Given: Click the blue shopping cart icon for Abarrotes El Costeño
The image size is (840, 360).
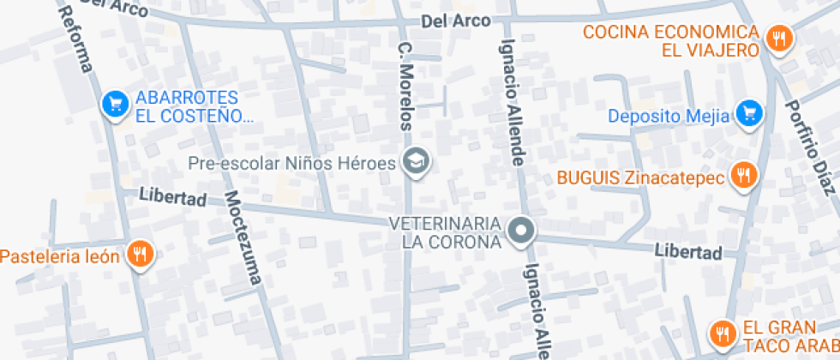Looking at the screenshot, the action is tap(113, 105).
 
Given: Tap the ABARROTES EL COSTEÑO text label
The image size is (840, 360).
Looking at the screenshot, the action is tap(194, 106).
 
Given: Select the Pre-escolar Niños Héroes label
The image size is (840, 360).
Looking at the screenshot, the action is tap(291, 161).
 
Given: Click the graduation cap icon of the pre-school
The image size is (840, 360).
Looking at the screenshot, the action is tap(417, 160).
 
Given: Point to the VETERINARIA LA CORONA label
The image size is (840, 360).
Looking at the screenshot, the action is tap(444, 232).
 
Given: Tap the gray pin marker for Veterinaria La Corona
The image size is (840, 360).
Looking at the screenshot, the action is tap(520, 231).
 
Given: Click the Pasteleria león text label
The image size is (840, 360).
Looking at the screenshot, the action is tap(59, 255).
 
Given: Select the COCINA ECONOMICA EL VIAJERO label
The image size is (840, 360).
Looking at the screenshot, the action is tap(671, 40).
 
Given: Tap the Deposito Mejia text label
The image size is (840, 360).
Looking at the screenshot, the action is tap(669, 115).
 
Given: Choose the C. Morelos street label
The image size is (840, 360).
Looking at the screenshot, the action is tap(406, 85).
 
